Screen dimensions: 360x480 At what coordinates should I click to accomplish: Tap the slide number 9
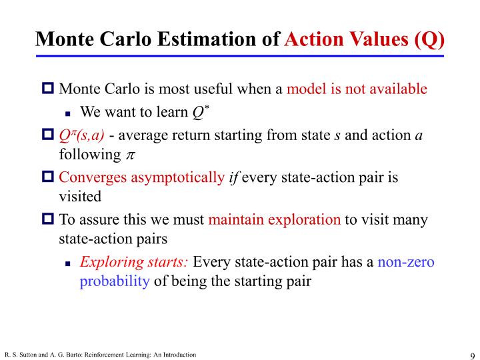tap(471, 354)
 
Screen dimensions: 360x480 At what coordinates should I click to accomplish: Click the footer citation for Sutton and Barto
tap(100, 354)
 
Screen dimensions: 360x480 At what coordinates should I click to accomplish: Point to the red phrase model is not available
tap(357, 89)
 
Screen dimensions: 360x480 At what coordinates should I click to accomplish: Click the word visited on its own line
tap(80, 197)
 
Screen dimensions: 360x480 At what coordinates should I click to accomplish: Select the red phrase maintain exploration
tap(274, 220)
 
